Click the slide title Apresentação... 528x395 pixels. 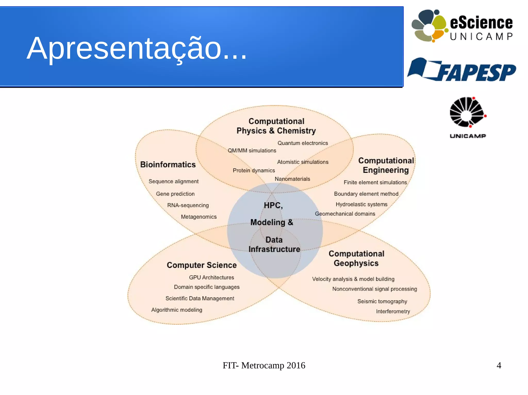[137, 48]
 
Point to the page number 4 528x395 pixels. [499, 365]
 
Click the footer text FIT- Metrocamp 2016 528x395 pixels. [264, 365]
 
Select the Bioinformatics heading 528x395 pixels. [168, 164]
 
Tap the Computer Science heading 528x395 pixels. [202, 265]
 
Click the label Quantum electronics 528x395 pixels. [303, 143]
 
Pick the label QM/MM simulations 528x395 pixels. [252, 151]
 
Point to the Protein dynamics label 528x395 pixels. [254, 170]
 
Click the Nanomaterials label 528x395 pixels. [292, 179]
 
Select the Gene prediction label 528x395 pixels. [175, 194]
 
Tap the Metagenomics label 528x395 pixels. [199, 217]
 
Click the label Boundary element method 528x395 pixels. [366, 194]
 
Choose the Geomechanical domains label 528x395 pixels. [345, 214]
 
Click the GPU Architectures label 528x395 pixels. [211, 277]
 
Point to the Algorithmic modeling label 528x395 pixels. [177, 310]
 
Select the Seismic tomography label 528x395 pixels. [382, 301]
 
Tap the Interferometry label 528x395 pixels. [393, 311]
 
